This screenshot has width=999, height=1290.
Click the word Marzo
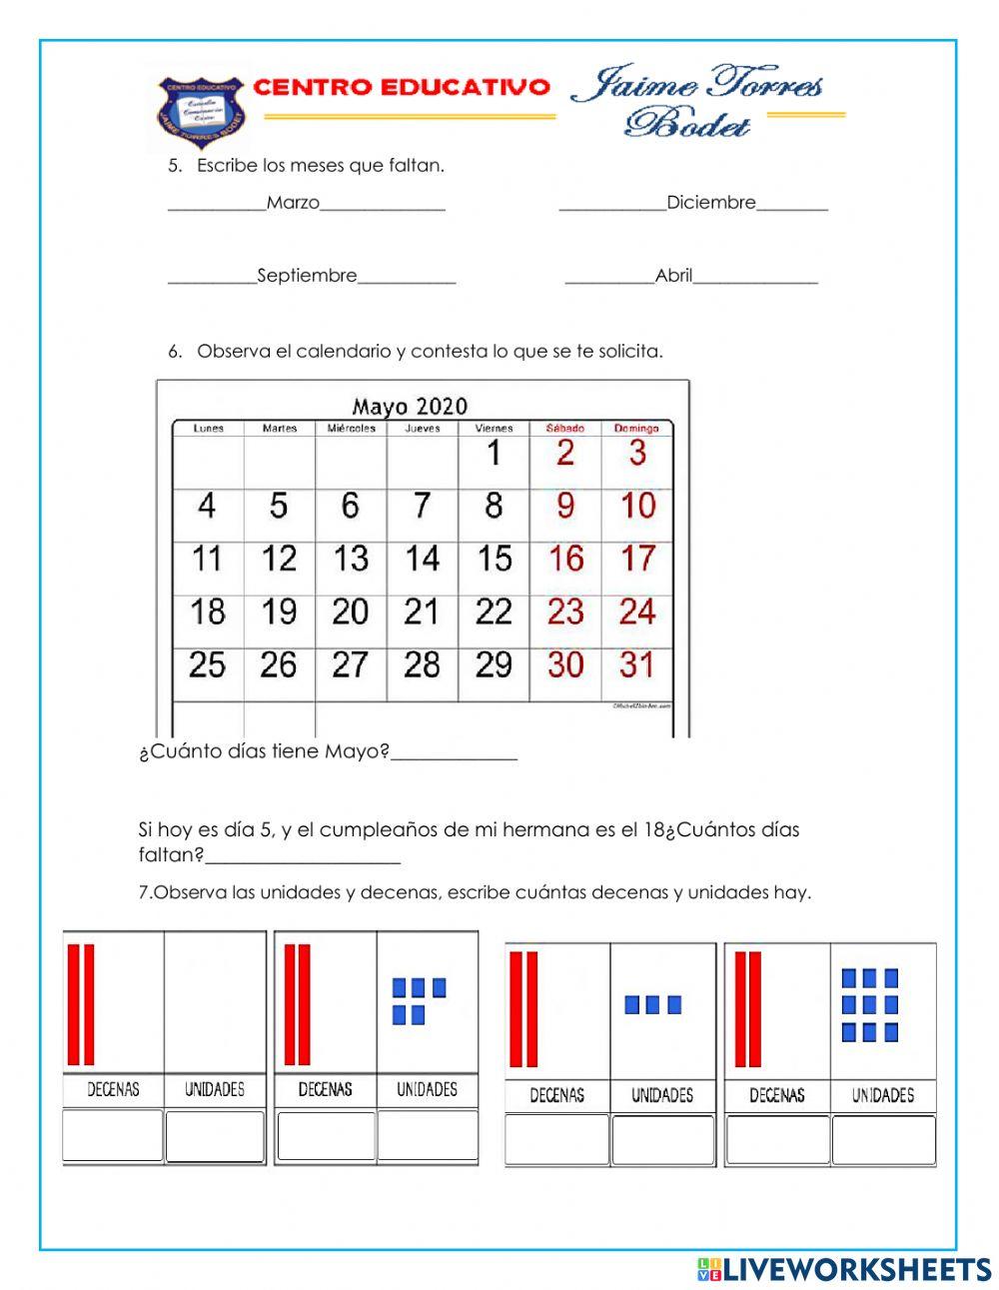coord(293,203)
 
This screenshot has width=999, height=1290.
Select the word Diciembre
coord(711,203)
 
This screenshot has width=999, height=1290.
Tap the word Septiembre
coord(307,276)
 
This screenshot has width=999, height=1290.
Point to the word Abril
coord(673,276)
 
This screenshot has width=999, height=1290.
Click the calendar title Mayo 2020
coord(410,406)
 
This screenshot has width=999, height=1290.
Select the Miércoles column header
coord(351,429)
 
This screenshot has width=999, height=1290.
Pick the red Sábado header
coord(564,429)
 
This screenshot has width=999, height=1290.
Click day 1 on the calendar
coord(493,454)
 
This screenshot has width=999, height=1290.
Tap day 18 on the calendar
coord(208,612)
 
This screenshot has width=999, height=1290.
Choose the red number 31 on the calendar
coord(636,664)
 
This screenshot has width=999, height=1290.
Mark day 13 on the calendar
coord(351,559)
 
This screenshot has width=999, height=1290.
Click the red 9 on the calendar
coord(564,506)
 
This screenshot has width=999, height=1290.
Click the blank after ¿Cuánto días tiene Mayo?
coord(454,754)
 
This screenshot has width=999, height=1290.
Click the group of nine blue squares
coord(869,1004)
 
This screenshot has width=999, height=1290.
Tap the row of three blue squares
coord(652,1004)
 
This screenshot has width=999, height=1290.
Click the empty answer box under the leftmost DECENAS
coord(113,1136)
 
